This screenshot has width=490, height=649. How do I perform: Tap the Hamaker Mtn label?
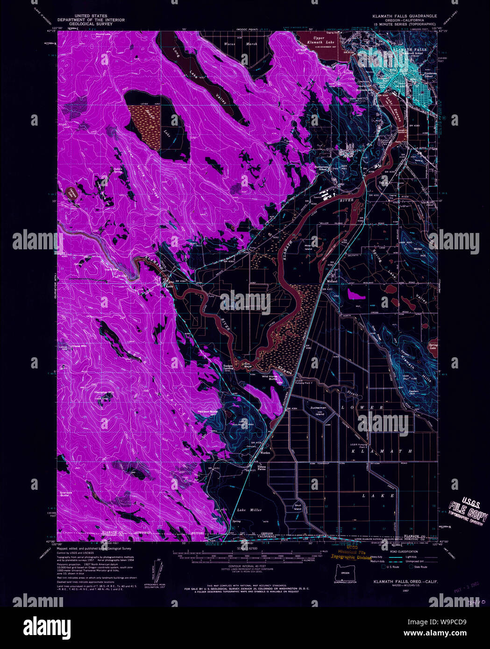pos(104,393)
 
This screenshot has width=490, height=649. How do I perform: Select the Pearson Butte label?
pos(208,411)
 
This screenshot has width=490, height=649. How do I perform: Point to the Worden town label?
pos(265,453)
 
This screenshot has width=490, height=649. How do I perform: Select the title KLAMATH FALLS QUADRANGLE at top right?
pos(405,16)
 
